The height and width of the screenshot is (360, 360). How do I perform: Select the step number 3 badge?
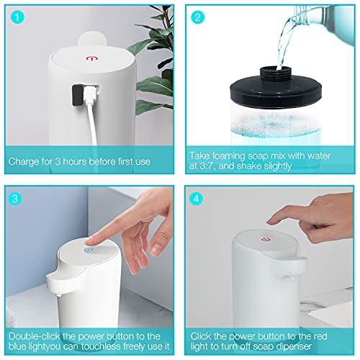(x=19, y=197)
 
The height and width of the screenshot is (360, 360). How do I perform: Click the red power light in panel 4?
(x=266, y=234)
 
